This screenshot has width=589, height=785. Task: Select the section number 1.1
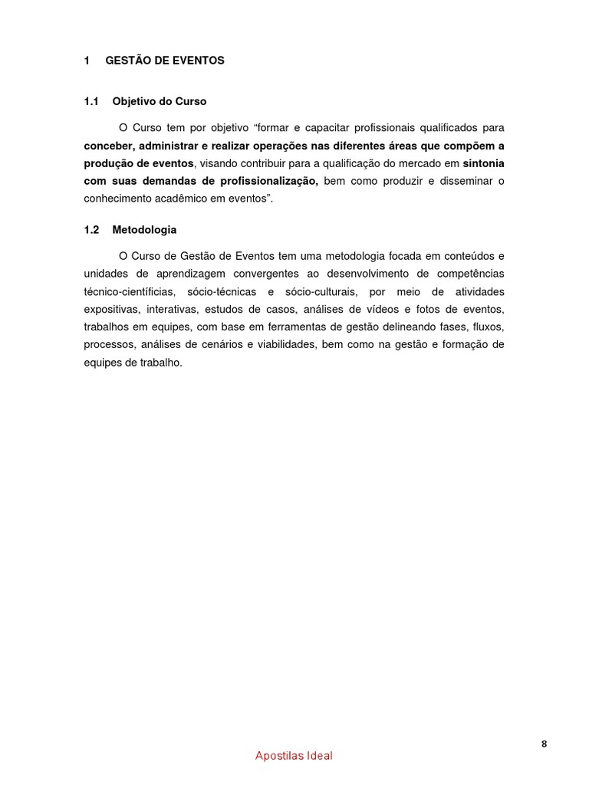pyautogui.click(x=92, y=101)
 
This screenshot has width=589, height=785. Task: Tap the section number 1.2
pyautogui.click(x=92, y=229)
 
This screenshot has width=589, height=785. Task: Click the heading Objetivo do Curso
pyautogui.click(x=159, y=101)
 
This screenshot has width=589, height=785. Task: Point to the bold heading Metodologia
pyautogui.click(x=144, y=229)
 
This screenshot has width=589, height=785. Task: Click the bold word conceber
pyautogui.click(x=108, y=146)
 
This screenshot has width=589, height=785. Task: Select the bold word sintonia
pyautogui.click(x=483, y=163)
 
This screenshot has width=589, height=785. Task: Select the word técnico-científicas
pyautogui.click(x=130, y=291)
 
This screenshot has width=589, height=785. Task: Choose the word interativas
pyautogui.click(x=173, y=309)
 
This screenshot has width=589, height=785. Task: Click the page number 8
pyautogui.click(x=544, y=744)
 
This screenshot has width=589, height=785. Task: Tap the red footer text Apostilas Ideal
pyautogui.click(x=294, y=756)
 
